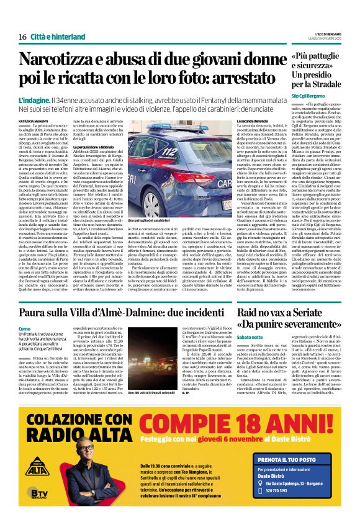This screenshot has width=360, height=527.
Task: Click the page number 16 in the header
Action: (x=22, y=37)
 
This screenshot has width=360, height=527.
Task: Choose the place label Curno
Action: (x=24, y=328)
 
